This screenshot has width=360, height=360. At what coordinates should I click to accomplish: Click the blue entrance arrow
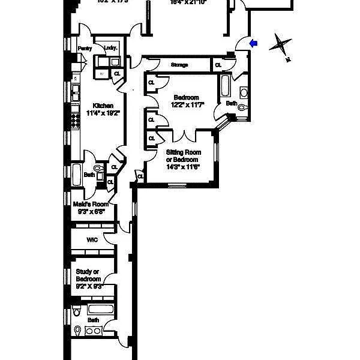tap(253, 43)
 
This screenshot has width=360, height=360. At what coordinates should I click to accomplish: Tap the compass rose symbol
tap(281, 46)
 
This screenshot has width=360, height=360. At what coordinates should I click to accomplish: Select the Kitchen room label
tap(100, 106)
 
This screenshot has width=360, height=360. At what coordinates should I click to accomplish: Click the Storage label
tap(179, 65)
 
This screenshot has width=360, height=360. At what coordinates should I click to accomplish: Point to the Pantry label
tap(84, 49)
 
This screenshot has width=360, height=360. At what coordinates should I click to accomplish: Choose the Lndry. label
tap(110, 47)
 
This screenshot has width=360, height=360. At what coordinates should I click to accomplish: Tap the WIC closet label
tap(92, 240)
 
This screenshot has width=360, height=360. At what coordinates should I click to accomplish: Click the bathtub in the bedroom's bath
tap(226, 87)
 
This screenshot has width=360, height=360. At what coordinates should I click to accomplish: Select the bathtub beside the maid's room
tap(78, 176)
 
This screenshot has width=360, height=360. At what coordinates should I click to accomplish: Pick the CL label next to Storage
tap(217, 65)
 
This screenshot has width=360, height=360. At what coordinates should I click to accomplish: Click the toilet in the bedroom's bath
tap(242, 108)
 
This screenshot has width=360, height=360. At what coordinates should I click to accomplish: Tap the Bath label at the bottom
tap(93, 320)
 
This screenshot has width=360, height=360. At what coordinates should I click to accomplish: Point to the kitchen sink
tap(76, 92)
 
